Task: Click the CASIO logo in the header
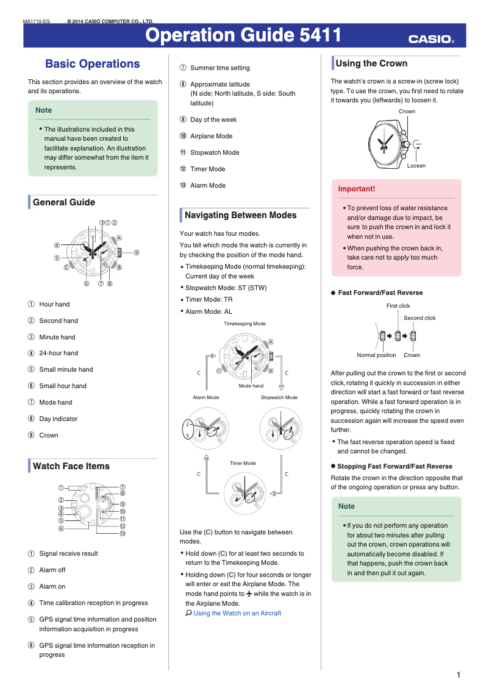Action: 431,40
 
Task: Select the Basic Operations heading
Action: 92,64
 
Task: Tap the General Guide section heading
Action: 63,202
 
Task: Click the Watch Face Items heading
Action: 71,466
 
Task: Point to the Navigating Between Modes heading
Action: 240,215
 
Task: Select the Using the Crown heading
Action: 371,63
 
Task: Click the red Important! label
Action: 357,189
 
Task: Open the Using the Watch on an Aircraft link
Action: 237,613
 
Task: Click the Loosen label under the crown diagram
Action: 416,166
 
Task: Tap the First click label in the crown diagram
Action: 398,306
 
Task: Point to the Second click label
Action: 419,318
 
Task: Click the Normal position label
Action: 376,355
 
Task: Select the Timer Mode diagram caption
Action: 243,463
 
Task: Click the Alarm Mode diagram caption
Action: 206,397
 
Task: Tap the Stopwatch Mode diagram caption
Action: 279,397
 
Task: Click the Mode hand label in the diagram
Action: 251,386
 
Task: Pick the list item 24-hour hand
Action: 59,353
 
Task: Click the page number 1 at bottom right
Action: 458,675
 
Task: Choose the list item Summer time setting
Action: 220,68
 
